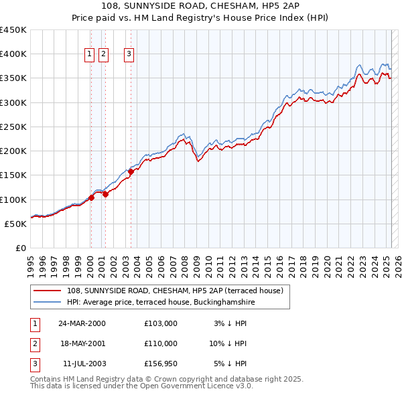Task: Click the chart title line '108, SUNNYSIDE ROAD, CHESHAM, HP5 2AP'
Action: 201,5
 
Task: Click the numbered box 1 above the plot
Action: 89,55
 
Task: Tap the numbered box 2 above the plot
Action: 104,55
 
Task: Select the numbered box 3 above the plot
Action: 129,55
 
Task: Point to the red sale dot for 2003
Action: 131,171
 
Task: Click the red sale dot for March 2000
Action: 91,197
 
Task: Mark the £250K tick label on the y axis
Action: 13,127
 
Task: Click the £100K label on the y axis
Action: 13,200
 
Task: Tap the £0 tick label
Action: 20,248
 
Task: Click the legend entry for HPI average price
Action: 161,302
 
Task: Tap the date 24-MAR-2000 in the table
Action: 82,323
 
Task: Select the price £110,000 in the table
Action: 161,343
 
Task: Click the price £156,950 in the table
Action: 161,364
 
